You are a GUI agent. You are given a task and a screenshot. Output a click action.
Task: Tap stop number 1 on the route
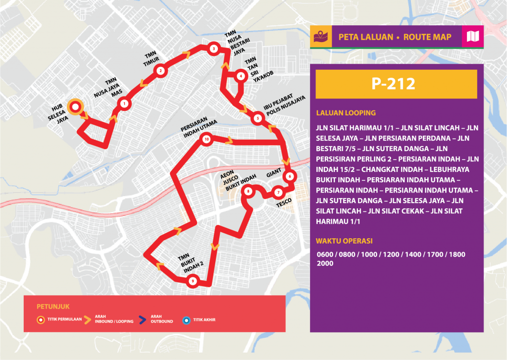tap(123, 103)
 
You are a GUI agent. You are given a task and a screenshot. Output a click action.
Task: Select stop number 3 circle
tap(213, 49)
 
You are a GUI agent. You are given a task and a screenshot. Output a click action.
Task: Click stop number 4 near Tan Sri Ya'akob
tap(241, 76)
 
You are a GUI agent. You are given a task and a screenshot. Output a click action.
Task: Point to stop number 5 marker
tap(257, 118)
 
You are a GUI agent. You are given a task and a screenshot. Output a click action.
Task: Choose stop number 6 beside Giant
tap(290, 176)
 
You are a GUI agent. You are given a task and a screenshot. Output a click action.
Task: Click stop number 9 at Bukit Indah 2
tap(192, 281)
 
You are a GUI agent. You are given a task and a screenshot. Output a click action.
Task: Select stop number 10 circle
tap(206, 140)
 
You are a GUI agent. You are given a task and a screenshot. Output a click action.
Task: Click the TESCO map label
tap(284, 201)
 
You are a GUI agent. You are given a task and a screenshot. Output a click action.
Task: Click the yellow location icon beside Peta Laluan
tap(321, 37)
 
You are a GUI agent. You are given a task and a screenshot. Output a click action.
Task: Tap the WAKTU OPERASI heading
tap(344, 241)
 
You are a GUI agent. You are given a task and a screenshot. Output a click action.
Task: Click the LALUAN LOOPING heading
tap(346, 113)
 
